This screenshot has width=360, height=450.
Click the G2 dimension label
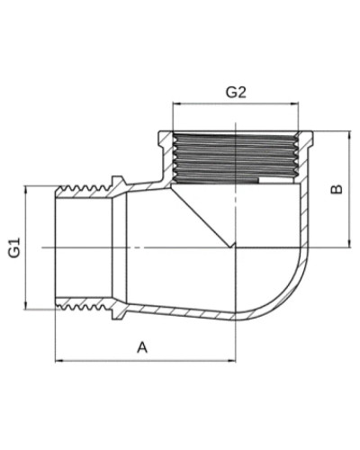click(236, 93)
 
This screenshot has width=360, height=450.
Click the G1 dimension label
click(14, 247)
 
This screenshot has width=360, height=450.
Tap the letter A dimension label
click(142, 347)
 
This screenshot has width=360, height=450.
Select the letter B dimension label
click(336, 189)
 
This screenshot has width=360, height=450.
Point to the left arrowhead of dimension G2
click(177, 103)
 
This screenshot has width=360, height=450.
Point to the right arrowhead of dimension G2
click(295, 103)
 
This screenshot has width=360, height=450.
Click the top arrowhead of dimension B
click(349, 135)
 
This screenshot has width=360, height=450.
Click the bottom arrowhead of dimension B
click(349, 243)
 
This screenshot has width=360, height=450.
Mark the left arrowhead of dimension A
click(59, 360)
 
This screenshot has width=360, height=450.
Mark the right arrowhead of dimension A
click(232, 360)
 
